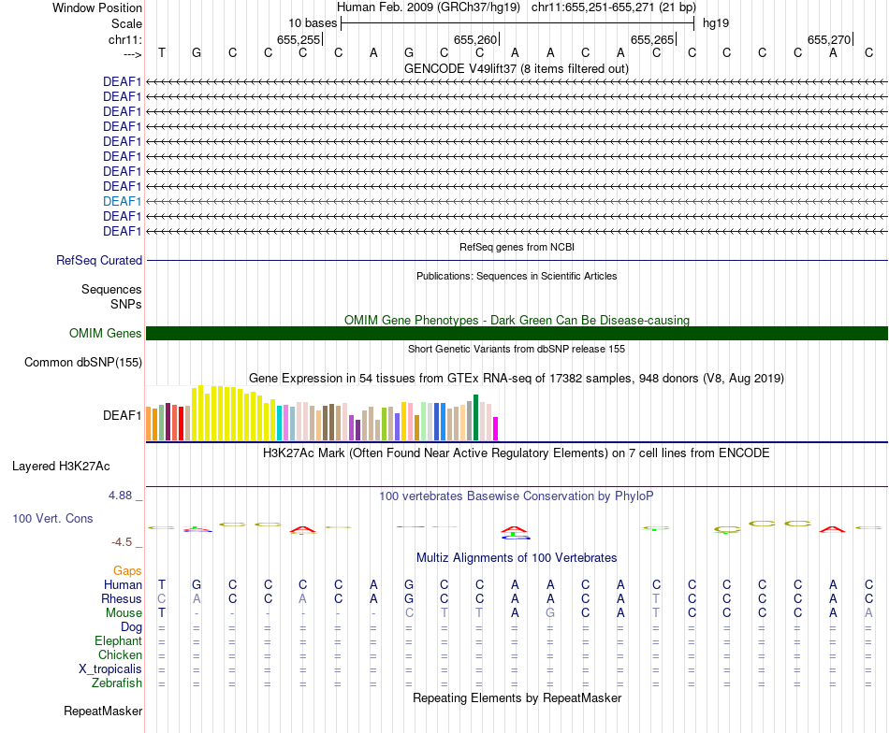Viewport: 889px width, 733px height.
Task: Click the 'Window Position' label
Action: [97, 7]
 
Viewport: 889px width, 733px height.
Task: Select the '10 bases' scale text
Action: [313, 22]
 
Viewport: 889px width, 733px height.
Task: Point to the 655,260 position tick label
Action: [474, 39]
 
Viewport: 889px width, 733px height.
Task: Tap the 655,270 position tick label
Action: [829, 39]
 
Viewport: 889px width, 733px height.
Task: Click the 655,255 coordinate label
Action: [299, 39]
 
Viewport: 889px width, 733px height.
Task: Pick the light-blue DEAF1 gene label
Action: [123, 201]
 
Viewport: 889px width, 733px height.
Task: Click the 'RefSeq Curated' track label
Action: [99, 261]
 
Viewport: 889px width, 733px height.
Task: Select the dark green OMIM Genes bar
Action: [517, 334]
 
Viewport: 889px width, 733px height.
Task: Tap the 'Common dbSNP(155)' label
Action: [83, 363]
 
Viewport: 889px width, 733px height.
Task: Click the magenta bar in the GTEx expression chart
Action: [496, 428]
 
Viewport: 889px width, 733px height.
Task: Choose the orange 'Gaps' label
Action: [127, 570]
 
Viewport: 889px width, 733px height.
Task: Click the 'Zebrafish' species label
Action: [117, 683]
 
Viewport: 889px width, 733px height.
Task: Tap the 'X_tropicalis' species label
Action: [110, 668]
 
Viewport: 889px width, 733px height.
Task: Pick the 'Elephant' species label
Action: [118, 640]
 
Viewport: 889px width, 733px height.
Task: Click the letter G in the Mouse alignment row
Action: [550, 612]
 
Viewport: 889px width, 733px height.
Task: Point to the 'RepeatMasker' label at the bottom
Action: [103, 711]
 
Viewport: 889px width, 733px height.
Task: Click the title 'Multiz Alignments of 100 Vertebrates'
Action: [517, 557]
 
